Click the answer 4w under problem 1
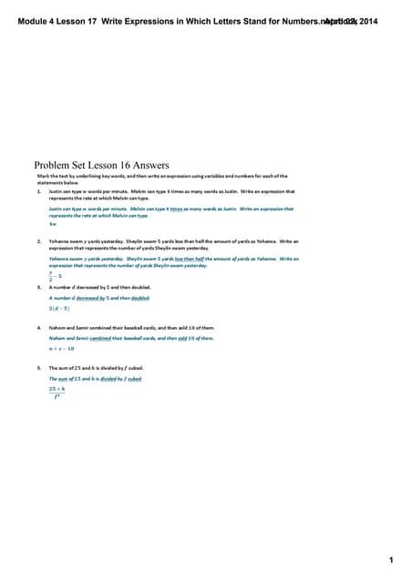[x=53, y=224]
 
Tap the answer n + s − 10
[x=61, y=348]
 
